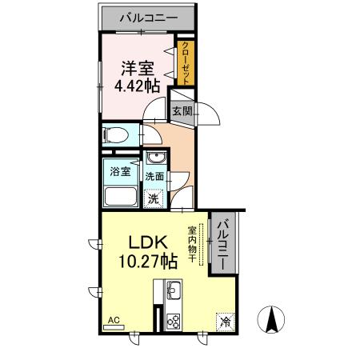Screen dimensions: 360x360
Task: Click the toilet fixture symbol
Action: click(117, 135)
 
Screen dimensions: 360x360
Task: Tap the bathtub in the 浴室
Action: click(121, 197)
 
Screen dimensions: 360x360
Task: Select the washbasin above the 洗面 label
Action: click(157, 158)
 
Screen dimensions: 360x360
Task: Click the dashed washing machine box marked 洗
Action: click(154, 198)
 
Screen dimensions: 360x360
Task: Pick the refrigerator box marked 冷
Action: click(226, 322)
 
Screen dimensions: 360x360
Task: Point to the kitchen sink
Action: click(174, 290)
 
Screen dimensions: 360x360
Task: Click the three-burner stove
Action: click(174, 322)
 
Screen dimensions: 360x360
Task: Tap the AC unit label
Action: click(114, 320)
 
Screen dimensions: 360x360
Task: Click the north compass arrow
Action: click(271, 319)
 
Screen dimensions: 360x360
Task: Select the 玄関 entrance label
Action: click(182, 111)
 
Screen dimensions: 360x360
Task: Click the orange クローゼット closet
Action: click(186, 63)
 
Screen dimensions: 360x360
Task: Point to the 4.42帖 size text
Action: click(137, 86)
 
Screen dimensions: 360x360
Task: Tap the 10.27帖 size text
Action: click(148, 262)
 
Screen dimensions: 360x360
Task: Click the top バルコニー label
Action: click(149, 18)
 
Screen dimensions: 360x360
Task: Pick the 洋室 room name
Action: click(138, 69)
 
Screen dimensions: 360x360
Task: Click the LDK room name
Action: click(148, 242)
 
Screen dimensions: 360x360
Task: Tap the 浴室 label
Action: click(120, 171)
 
